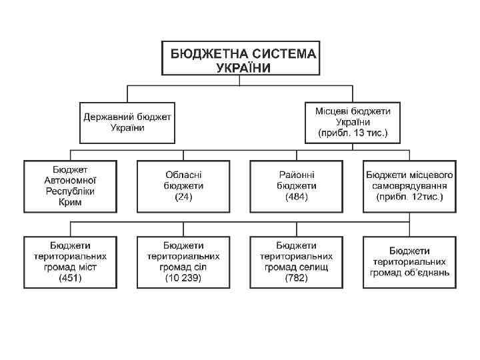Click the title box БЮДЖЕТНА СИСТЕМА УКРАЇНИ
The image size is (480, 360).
pyautogui.click(x=240, y=59)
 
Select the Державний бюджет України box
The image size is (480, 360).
pyautogui.click(x=127, y=122)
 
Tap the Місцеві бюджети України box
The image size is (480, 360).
pyautogui.click(x=353, y=122)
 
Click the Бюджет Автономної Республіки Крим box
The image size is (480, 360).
pyautogui.click(x=71, y=186)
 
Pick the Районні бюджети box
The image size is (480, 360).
pyautogui.click(x=297, y=186)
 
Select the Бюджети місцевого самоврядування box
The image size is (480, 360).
pyautogui.click(x=409, y=186)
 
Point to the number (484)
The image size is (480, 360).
pyautogui.click(x=297, y=197)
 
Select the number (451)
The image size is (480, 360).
pyautogui.click(x=71, y=278)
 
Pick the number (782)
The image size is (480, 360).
pyautogui.click(x=297, y=278)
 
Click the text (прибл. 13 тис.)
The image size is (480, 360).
pyautogui.click(x=353, y=133)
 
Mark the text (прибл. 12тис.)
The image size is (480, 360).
pyautogui.click(x=409, y=197)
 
